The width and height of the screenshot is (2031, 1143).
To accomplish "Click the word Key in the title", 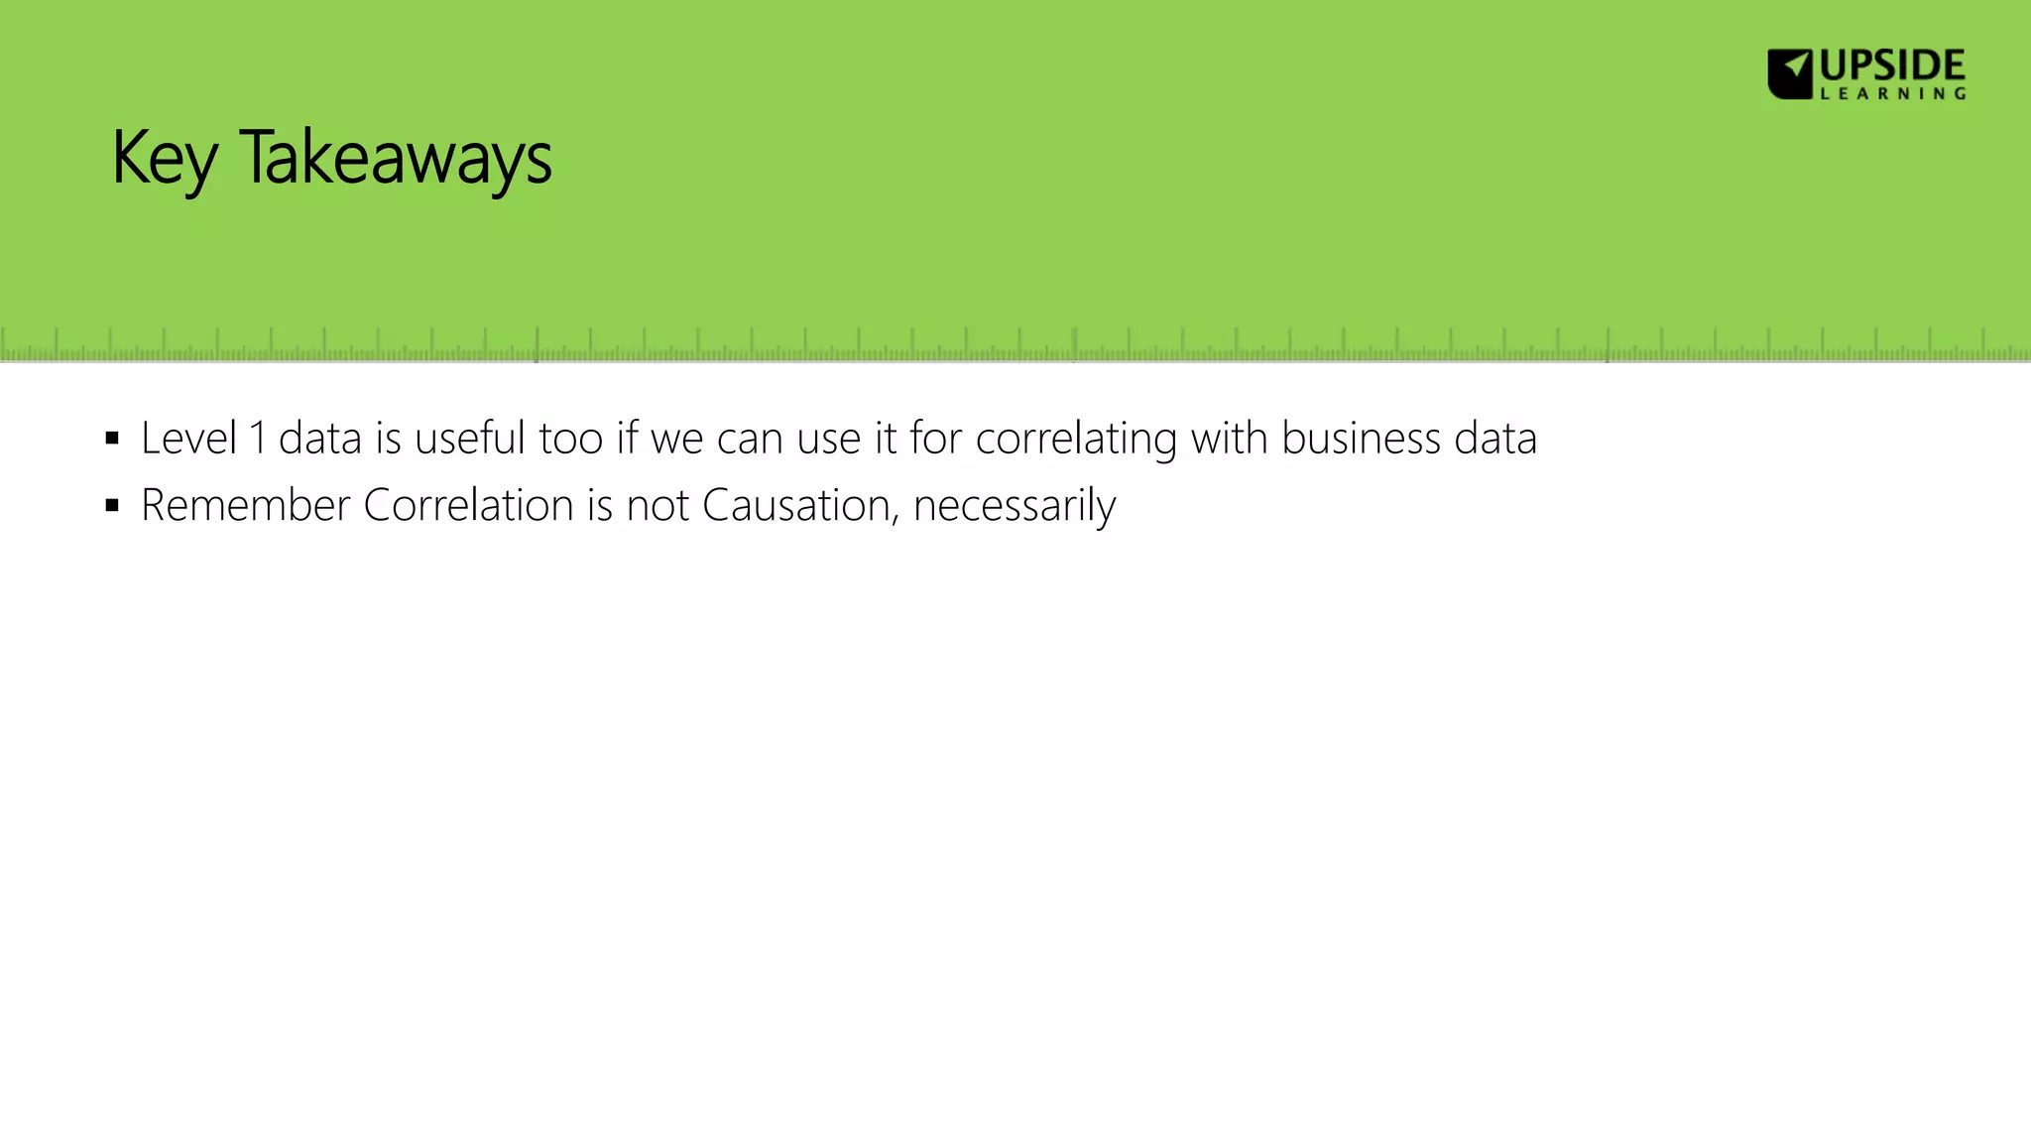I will pyautogui.click(x=164, y=159).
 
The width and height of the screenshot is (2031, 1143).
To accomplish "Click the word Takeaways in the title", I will pyautogui.click(x=395, y=159).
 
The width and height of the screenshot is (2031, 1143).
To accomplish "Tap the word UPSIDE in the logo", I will pyautogui.click(x=1892, y=66).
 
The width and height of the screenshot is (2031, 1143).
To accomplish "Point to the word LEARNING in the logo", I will pyautogui.click(x=1892, y=93).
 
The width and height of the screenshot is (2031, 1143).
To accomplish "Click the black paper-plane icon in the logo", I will pyautogui.click(x=1790, y=73).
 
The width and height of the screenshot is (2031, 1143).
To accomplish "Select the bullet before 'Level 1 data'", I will pyautogui.click(x=112, y=439).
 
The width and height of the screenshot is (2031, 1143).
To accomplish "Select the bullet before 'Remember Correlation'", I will pyautogui.click(x=112, y=506).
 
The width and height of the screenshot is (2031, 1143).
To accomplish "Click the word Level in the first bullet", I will pyautogui.click(x=188, y=439).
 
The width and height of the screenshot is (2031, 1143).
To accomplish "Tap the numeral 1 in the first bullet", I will pyautogui.click(x=258, y=439).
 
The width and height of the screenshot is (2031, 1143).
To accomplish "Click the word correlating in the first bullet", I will pyautogui.click(x=1075, y=439).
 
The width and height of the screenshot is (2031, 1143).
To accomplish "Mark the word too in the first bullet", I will pyautogui.click(x=570, y=439).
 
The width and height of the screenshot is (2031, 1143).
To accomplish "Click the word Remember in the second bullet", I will pyautogui.click(x=245, y=506).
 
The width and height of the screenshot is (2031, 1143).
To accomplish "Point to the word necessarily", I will pyautogui.click(x=1015, y=506).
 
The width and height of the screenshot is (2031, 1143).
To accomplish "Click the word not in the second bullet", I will pyautogui.click(x=657, y=506).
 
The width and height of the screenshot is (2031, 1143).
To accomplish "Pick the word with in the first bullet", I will pyautogui.click(x=1229, y=439).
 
